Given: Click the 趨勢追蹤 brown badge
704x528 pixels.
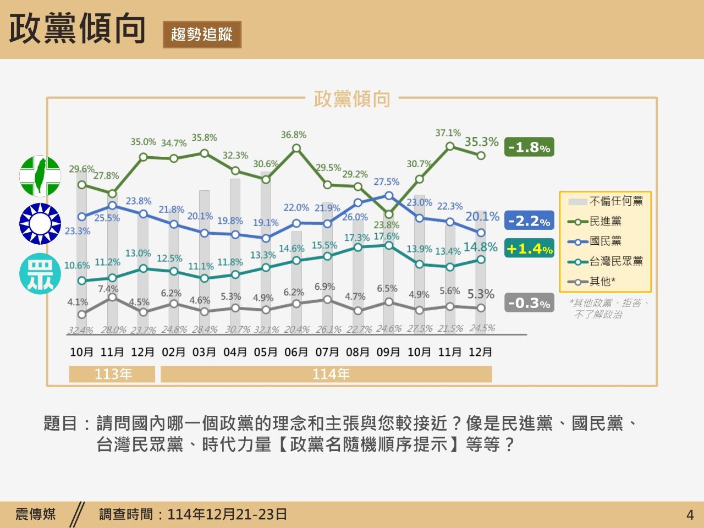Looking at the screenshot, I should pyautogui.click(x=202, y=34).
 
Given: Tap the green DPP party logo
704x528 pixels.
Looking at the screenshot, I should pyautogui.click(x=40, y=176).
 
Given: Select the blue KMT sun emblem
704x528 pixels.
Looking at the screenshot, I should pyautogui.click(x=40, y=224).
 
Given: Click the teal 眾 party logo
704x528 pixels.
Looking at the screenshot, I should pyautogui.click(x=40, y=273).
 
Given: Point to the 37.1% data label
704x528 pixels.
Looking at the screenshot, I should pyautogui.click(x=448, y=133).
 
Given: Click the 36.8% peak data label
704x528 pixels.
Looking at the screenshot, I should pyautogui.click(x=294, y=135).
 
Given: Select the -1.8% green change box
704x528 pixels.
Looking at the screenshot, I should pyautogui.click(x=529, y=147).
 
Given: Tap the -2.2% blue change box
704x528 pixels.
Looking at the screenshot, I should pyautogui.click(x=529, y=221).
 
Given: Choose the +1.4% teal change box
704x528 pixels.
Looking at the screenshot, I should pyautogui.click(x=529, y=249).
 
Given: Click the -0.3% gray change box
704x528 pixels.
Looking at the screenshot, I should pyautogui.click(x=529, y=303).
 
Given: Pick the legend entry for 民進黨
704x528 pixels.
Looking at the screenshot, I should pyautogui.click(x=605, y=221).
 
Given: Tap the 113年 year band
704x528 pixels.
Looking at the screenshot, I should pyautogui.click(x=113, y=374).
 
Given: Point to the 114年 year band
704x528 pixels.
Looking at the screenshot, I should pyautogui.click(x=331, y=374).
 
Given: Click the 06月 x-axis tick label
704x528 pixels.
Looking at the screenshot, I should pyautogui.click(x=296, y=352).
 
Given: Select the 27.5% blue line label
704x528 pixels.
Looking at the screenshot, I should pyautogui.click(x=387, y=182).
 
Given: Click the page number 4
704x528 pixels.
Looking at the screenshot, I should pyautogui.click(x=690, y=515).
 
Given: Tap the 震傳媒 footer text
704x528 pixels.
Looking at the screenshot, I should pyautogui.click(x=36, y=514).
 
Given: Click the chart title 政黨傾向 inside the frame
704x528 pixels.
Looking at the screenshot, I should pyautogui.click(x=352, y=99).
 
